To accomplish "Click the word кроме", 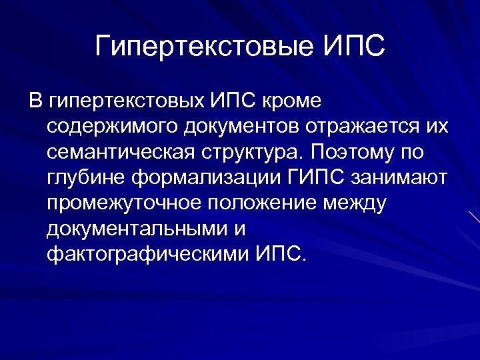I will point(294,102).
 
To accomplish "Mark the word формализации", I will point(211,178).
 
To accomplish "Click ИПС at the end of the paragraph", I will point(280,254).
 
